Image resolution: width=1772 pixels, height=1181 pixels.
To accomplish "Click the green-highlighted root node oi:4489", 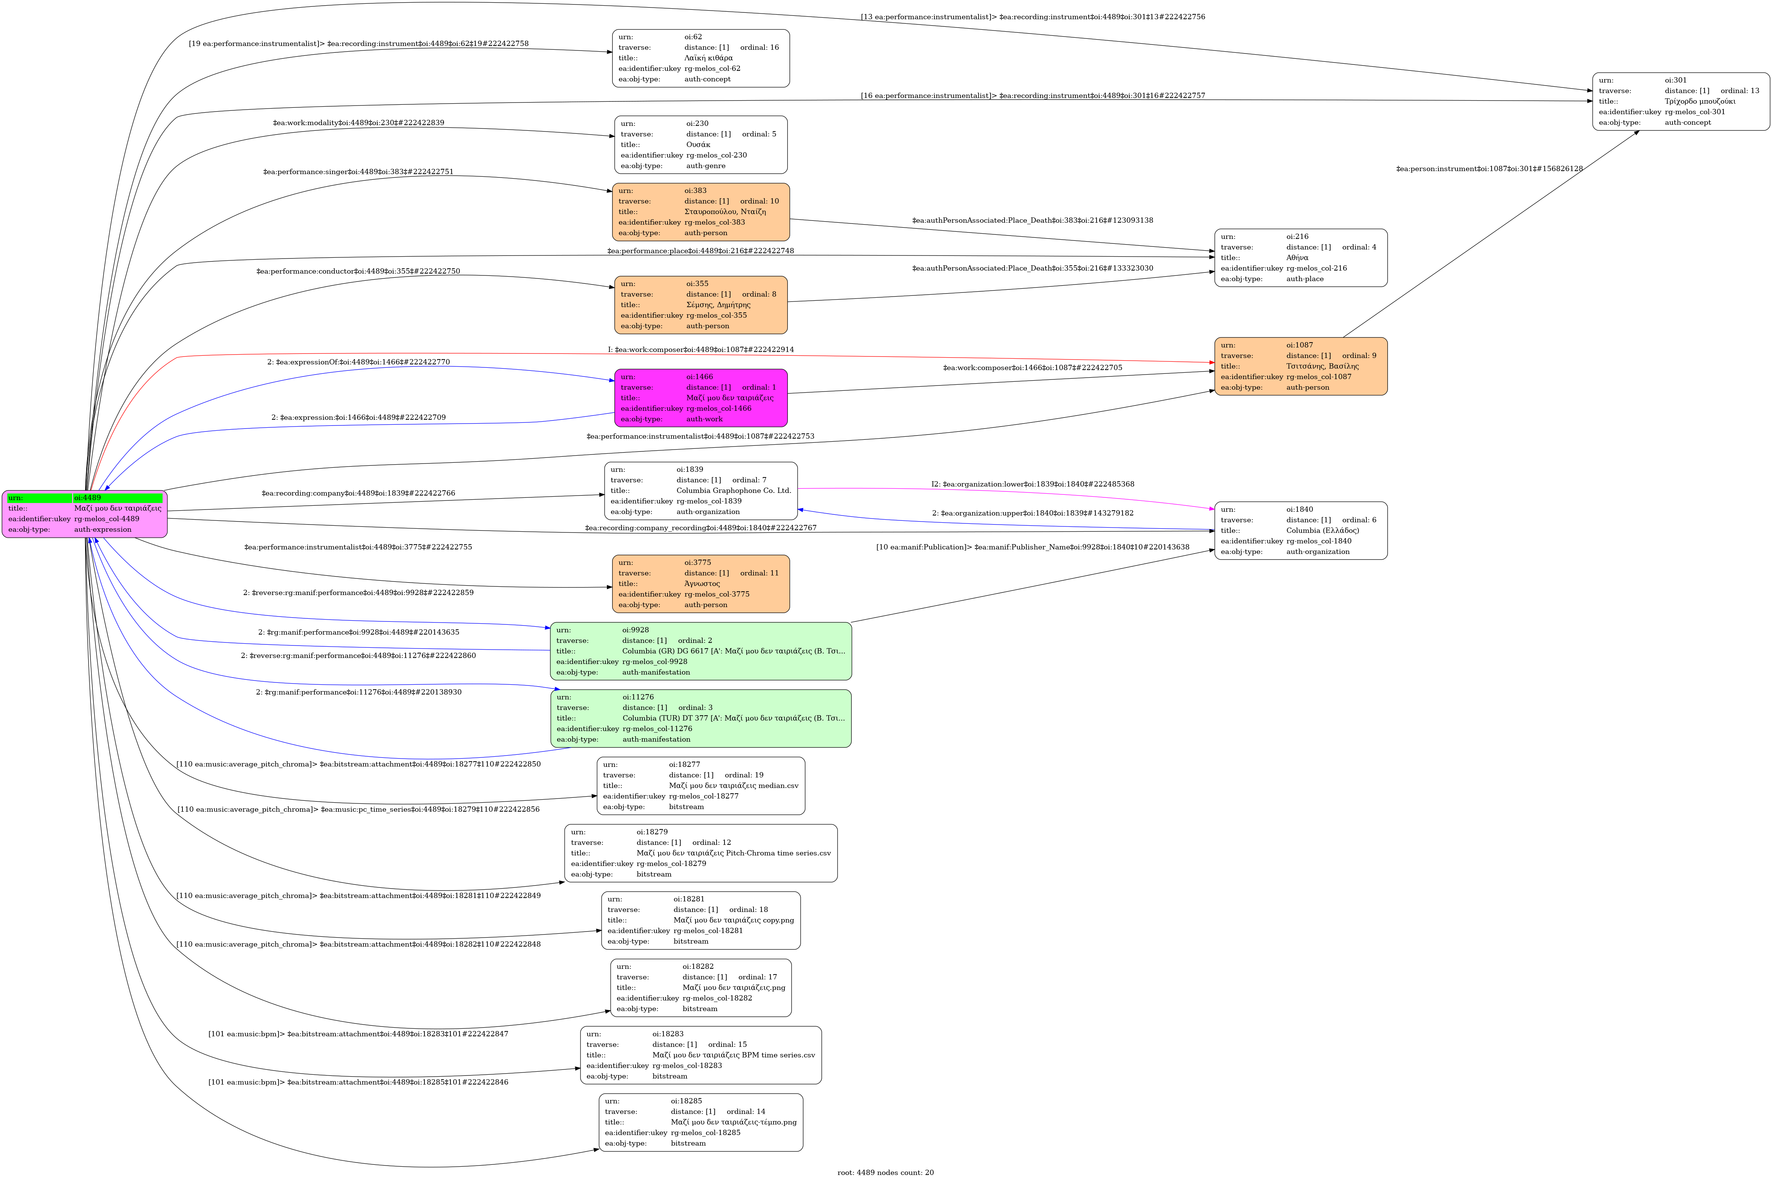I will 84,514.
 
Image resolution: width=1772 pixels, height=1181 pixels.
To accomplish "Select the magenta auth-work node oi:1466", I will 701,398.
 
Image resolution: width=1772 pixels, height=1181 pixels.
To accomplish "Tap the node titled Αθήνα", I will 1300,258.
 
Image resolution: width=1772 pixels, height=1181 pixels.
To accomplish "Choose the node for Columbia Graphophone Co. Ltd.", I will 701,490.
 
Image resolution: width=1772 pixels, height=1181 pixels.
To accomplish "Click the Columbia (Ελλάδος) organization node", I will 1300,530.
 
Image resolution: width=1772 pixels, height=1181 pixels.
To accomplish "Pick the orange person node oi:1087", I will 1300,366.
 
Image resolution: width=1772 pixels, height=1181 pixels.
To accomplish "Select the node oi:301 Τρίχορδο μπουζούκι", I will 1680,101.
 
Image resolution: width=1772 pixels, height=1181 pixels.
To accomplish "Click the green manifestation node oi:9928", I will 701,651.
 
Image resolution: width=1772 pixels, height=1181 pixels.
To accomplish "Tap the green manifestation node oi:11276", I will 701,718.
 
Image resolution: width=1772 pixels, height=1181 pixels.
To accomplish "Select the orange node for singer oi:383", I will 701,212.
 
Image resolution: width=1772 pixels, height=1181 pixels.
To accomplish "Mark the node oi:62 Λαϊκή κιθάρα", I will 701,58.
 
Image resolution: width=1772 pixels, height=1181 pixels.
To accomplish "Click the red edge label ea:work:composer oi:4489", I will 701,349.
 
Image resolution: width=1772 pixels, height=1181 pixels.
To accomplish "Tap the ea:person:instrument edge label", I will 1489,169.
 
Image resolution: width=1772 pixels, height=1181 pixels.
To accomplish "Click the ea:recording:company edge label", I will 358,493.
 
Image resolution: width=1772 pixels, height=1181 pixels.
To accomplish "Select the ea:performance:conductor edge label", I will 358,271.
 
